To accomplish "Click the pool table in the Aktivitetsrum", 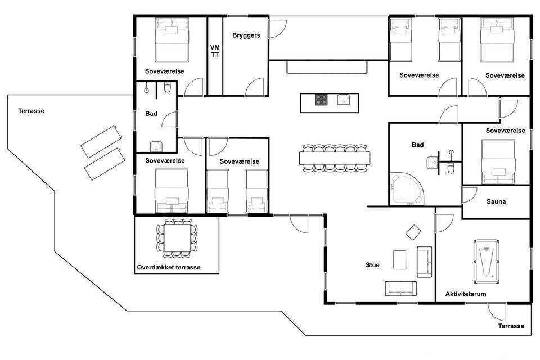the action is point(486,262).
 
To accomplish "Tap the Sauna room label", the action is point(496,201).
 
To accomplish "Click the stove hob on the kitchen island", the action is point(321,100).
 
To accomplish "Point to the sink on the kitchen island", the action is point(343,100).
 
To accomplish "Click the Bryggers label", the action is point(246,35).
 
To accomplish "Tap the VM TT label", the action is point(215,51).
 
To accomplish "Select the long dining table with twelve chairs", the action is point(335,158).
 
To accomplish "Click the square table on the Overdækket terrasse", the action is point(177,238).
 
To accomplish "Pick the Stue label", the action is point(372,265).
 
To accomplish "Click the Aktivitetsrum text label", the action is point(466,294).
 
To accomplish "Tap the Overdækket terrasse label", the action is point(169,267).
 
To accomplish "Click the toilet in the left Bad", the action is point(168,88).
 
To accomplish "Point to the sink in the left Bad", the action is point(156,146).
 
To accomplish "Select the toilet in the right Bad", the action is point(451,168).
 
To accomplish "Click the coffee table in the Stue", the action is point(399,260).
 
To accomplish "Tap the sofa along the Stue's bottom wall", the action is point(400,289).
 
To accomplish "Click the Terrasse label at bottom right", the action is point(511,326).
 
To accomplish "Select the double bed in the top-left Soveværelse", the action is point(172,40).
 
